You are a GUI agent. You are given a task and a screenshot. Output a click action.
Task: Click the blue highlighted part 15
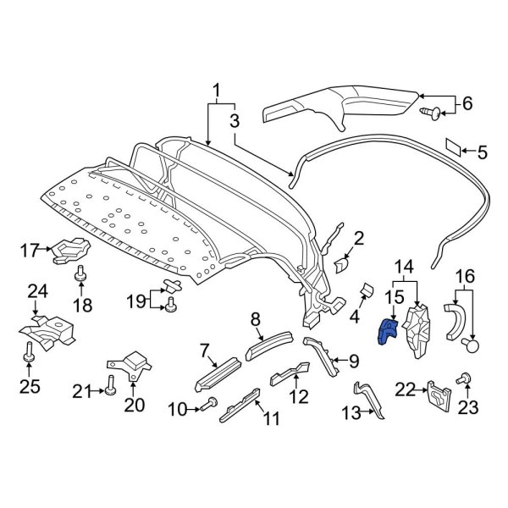[388, 330]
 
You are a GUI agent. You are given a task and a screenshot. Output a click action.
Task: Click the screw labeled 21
[110, 390]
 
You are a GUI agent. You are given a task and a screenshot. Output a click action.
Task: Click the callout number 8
[255, 319]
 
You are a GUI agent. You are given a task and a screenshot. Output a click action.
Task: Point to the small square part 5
[455, 148]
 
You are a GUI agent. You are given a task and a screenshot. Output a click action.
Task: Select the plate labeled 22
[437, 395]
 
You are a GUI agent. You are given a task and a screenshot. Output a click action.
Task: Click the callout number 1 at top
[217, 90]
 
